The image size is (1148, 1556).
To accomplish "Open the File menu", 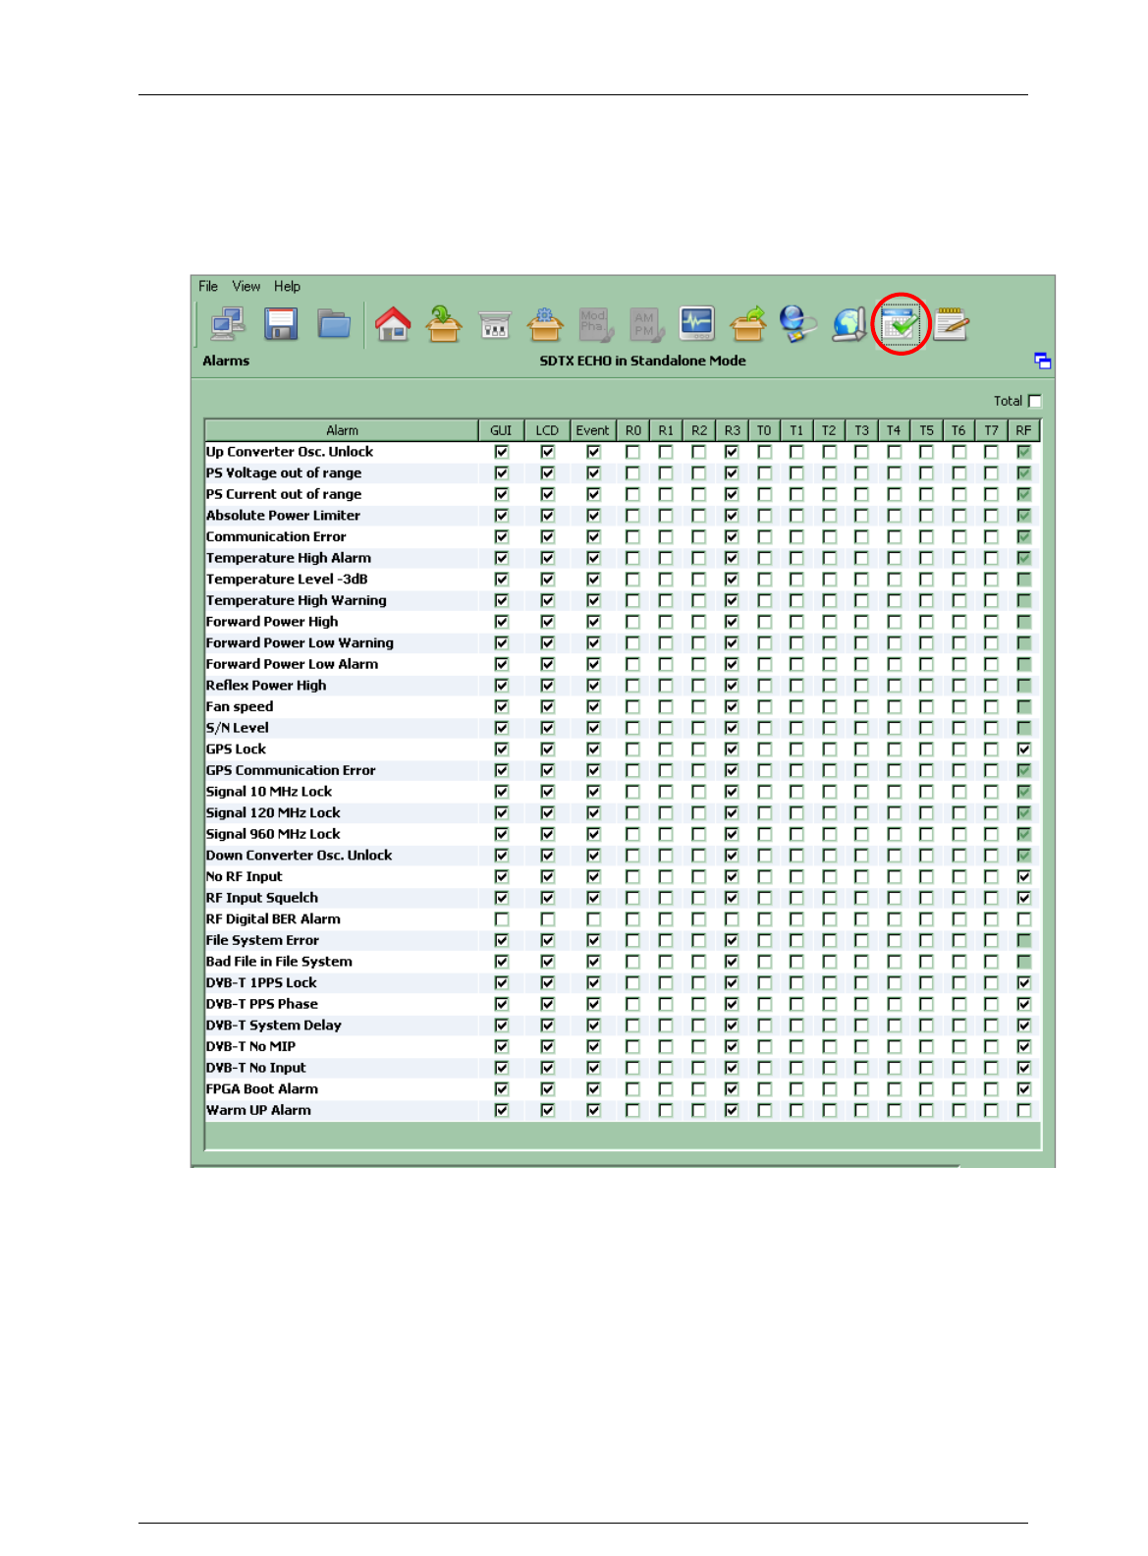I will [207, 287].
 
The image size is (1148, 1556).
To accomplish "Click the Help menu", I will [287, 287].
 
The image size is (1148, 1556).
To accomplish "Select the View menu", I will [246, 287].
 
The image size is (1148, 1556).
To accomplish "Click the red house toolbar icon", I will [393, 323].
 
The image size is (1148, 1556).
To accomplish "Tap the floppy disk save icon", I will [280, 323].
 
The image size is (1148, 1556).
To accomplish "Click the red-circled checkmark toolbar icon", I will [900, 323].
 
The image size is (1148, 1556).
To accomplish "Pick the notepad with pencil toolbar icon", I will [951, 323].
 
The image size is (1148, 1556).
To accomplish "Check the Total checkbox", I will [1034, 401].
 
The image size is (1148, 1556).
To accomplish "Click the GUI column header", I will [501, 430].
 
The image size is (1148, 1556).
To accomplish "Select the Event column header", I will [592, 430].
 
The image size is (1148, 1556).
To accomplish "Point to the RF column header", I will [1023, 430].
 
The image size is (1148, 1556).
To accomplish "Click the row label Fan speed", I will [240, 706].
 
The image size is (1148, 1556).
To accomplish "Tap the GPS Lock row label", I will [236, 749].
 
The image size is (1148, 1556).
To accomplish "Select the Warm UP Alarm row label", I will [258, 1110].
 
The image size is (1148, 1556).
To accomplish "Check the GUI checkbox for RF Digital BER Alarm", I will [502, 919].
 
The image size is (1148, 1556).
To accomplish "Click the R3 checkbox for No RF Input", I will [732, 876].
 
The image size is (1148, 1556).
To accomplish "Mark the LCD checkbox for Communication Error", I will [548, 536].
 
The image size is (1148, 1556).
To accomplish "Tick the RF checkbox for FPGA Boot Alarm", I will [1024, 1088].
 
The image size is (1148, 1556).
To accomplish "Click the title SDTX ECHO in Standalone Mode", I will [642, 361].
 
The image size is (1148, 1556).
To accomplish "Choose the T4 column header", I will [893, 430].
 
